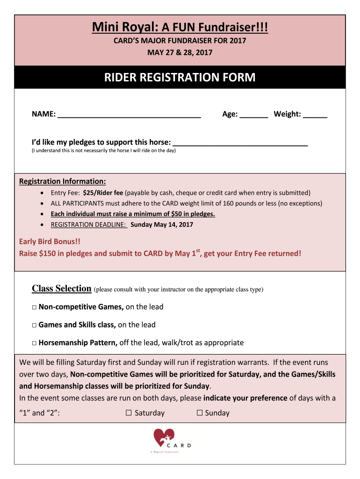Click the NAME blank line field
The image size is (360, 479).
click(x=129, y=115)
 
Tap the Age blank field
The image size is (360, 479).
click(x=253, y=115)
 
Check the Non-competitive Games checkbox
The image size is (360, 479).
click(x=35, y=307)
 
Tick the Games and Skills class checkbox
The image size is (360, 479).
click(x=35, y=325)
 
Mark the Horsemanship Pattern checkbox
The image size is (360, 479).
click(x=35, y=343)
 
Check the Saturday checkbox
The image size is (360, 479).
click(x=129, y=413)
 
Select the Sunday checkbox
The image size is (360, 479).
click(x=199, y=413)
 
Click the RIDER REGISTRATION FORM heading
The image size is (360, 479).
click(x=180, y=78)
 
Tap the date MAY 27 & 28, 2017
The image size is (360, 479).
click(x=180, y=52)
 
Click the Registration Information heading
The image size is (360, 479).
click(x=62, y=181)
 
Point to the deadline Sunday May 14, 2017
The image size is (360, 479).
click(x=162, y=225)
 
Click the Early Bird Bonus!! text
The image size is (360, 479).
click(x=50, y=242)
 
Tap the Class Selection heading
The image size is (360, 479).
click(x=61, y=289)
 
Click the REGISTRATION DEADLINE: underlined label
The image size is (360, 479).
click(x=89, y=225)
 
